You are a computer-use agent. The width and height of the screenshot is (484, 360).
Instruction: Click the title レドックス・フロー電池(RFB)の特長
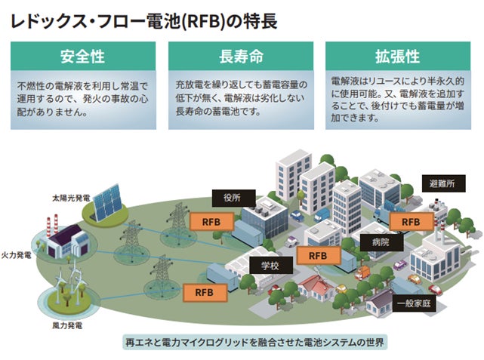(143, 20)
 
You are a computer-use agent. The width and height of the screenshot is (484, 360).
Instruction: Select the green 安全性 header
(83, 57)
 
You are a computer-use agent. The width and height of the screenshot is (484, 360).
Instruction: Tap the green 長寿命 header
(239, 57)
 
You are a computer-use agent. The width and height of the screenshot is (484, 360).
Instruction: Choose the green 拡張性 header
(397, 57)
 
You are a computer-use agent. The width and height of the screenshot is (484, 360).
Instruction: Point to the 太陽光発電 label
(72, 197)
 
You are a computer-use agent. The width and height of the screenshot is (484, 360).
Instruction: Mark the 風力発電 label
(69, 327)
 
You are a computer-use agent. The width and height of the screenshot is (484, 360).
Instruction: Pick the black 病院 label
(380, 242)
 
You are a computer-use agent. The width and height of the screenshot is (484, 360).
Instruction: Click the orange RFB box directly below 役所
(205, 222)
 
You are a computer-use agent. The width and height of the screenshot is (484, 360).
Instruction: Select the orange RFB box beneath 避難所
(411, 222)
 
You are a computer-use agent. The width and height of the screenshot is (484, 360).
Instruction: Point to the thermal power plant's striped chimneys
(53, 225)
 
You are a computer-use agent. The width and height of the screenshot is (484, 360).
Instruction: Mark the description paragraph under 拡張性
(397, 99)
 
